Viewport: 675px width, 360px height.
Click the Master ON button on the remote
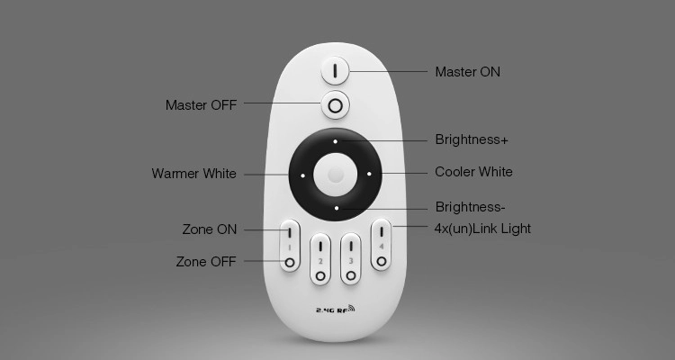(335, 70)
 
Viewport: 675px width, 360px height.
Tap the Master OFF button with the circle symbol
(335, 105)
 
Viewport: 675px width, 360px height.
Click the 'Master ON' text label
(467, 72)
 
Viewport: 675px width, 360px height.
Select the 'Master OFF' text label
(201, 105)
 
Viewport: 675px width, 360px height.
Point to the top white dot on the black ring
(335, 141)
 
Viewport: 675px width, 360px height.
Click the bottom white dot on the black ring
(337, 209)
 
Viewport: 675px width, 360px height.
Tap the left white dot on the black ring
(302, 175)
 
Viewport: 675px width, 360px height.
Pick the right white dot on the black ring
(369, 174)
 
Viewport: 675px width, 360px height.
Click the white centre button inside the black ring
(336, 175)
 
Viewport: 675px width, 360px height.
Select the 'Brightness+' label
(472, 139)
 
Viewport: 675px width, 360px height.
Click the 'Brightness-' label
(470, 207)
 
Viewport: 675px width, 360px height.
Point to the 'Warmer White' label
(193, 174)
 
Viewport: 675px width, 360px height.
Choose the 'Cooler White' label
(473, 172)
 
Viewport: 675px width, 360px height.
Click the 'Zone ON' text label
(210, 229)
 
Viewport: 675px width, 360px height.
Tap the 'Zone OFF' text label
(206, 261)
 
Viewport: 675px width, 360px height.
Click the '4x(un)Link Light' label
(482, 229)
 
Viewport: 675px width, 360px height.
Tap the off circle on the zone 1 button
(290, 262)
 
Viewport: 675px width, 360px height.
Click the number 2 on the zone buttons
(320, 261)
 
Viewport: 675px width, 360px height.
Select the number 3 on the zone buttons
(351, 261)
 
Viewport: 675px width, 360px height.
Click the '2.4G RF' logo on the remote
(336, 309)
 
